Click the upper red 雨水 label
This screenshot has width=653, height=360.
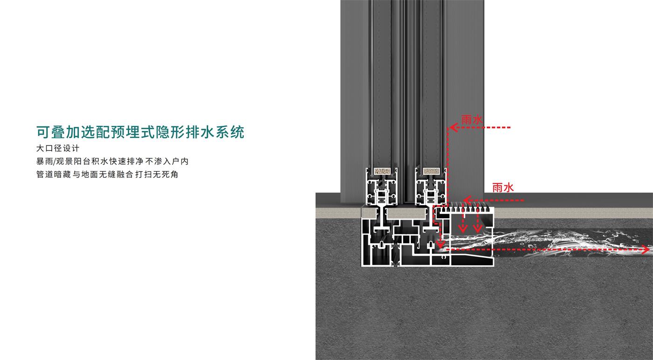point(472,119)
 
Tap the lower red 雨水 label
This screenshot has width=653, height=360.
point(503,187)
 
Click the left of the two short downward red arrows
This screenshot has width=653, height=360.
point(462,227)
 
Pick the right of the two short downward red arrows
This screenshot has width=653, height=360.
point(477,227)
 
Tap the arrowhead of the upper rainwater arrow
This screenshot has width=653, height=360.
point(452,127)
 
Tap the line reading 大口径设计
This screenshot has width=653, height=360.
point(58,149)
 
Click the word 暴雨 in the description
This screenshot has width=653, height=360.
point(45,162)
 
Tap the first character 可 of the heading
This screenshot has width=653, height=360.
point(43,132)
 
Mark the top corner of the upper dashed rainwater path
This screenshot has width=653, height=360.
point(448,127)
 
